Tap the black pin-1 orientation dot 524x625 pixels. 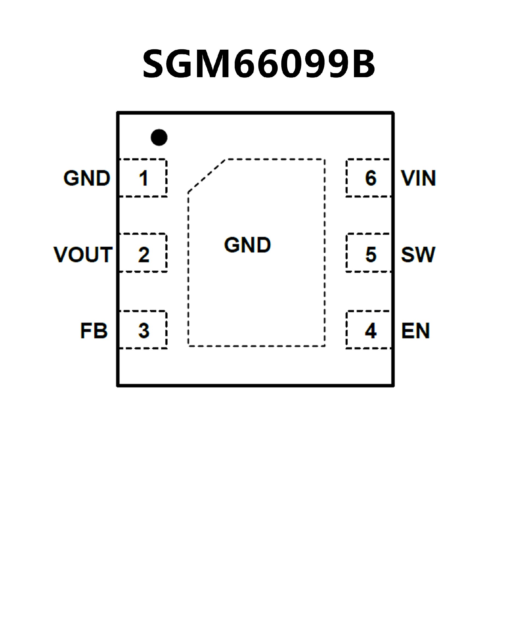tap(159, 137)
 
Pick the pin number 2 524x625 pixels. tap(144, 255)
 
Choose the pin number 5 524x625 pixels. tap(371, 255)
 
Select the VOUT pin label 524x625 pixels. tap(83, 255)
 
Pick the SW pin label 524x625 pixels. tap(418, 255)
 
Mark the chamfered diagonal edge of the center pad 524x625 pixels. tap(206, 176)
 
